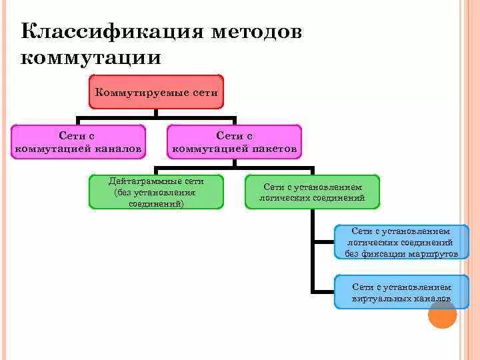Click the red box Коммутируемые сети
tap(157, 92)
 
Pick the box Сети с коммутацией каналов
tap(79, 142)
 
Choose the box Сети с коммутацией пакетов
tap(234, 142)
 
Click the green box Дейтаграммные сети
tap(156, 192)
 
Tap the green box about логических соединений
tap(312, 192)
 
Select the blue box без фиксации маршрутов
tap(401, 242)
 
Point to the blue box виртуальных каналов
tap(401, 292)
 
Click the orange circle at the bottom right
tap(442, 314)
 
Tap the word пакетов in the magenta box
tap(274, 149)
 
